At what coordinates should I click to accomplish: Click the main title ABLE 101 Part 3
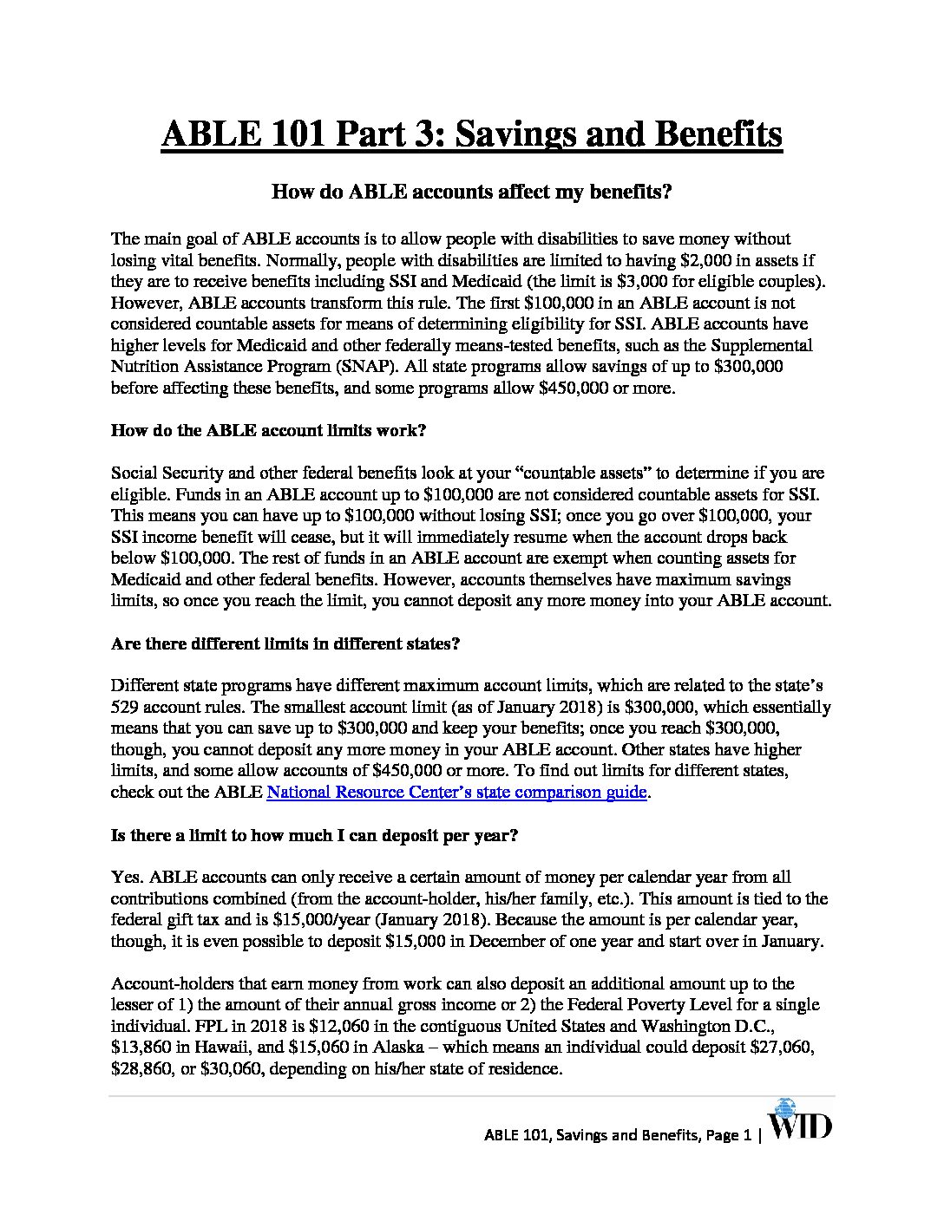point(471,135)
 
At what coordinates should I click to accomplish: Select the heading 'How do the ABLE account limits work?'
point(268,431)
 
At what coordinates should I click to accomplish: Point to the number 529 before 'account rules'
point(125,707)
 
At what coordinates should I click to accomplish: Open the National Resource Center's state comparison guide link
point(456,792)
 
